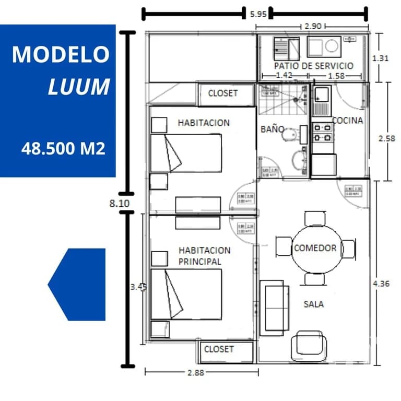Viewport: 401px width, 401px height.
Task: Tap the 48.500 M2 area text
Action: click(63, 149)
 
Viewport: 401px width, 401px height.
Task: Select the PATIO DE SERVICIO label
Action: click(313, 66)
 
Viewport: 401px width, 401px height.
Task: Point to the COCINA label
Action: click(348, 121)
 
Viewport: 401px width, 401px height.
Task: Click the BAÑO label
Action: click(273, 129)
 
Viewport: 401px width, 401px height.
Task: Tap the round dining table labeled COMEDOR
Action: click(315, 248)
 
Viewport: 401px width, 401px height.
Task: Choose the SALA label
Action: click(313, 304)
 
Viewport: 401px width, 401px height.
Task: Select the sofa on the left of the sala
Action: click(275, 308)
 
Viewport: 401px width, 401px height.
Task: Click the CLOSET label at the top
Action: click(222, 93)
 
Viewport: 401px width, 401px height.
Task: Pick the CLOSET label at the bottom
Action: click(219, 349)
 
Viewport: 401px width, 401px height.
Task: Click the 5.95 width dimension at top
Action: click(258, 14)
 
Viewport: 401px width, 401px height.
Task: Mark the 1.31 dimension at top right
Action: click(381, 58)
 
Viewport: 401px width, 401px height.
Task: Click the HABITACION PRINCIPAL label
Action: click(204, 256)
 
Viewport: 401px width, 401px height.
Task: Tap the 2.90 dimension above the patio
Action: click(312, 25)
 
